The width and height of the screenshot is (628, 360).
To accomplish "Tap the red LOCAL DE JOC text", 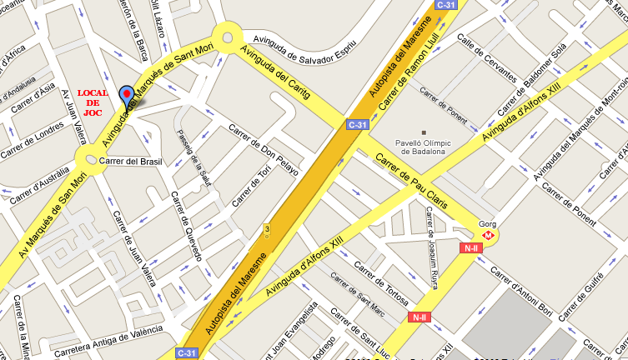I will point(93,102).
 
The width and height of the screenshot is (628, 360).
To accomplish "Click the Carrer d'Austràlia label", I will point(37,172).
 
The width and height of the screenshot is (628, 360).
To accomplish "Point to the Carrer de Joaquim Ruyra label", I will point(432,241).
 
